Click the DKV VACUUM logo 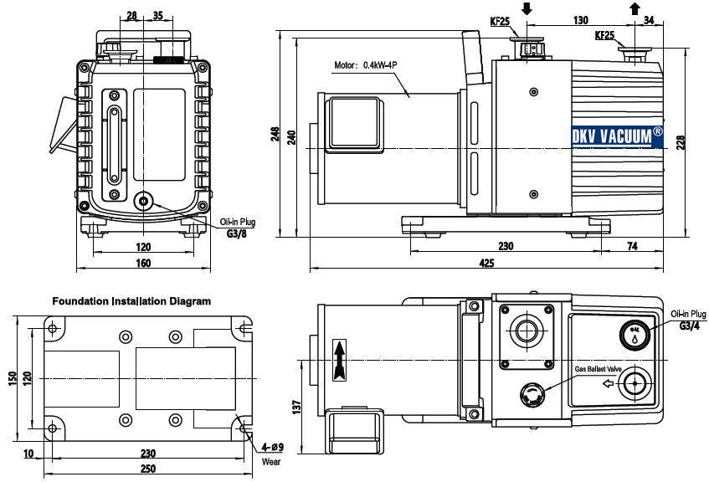click(x=618, y=136)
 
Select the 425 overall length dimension click(x=486, y=264)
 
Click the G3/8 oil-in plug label click(x=238, y=233)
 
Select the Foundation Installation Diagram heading click(x=131, y=300)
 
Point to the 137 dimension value click(x=296, y=408)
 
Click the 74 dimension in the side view click(x=632, y=246)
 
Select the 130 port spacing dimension click(x=581, y=19)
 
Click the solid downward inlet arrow click(x=527, y=9)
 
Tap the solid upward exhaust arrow click(x=634, y=9)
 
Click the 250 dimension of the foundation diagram click(x=146, y=468)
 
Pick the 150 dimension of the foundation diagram click(x=11, y=378)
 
